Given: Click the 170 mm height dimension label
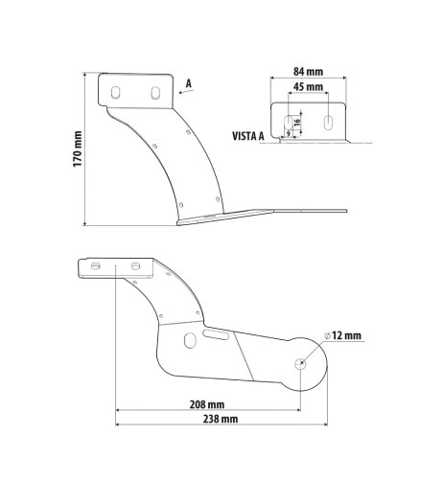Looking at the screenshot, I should click(x=78, y=150).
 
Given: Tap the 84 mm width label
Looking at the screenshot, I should click(x=308, y=70).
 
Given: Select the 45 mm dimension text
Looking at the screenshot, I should click(x=308, y=86).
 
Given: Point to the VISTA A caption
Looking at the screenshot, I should click(x=247, y=137).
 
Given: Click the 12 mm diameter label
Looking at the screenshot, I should click(x=344, y=334).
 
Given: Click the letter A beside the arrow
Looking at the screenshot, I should click(x=189, y=83).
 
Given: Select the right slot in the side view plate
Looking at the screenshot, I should click(x=154, y=93).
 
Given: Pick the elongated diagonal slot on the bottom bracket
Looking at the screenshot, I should click(x=216, y=333).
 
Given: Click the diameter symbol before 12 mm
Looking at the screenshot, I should click(x=327, y=334).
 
